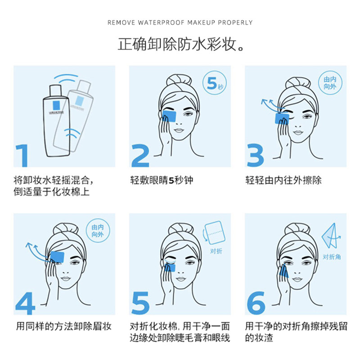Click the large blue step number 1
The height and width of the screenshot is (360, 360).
22,156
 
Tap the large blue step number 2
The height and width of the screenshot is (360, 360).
140,156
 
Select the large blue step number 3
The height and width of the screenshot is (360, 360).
256,156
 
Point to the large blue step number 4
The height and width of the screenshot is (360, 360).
25,303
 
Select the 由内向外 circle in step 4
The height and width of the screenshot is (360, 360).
100,231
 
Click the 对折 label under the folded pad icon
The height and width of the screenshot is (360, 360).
216,252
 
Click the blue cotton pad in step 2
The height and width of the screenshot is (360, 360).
169,115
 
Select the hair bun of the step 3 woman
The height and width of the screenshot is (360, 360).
296,83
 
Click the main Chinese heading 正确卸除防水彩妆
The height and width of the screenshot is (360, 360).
180,44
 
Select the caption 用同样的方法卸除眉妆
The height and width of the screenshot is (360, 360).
63,326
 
